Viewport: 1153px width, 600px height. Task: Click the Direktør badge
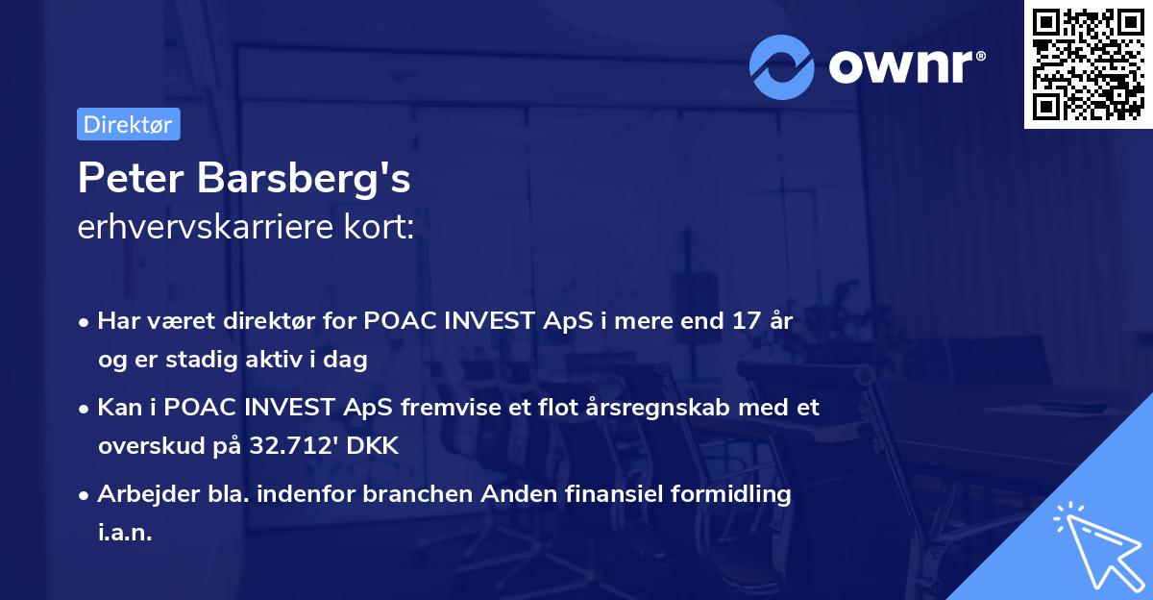point(128,124)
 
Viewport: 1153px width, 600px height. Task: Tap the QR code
point(1087,64)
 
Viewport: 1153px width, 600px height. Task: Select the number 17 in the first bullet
point(747,321)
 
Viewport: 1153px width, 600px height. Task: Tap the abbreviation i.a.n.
point(125,533)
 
